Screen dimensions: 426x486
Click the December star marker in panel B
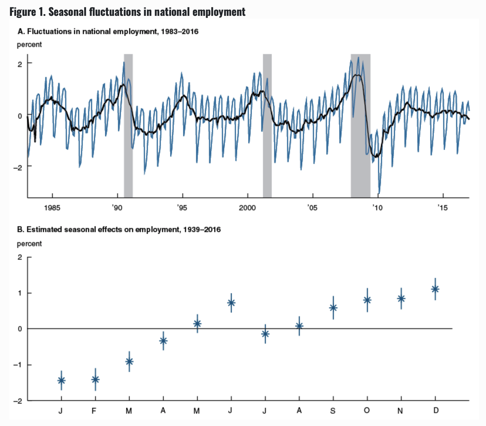(435, 289)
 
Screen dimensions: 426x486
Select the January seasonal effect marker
(61, 380)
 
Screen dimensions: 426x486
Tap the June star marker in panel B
(231, 302)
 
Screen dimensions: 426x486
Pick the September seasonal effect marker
(333, 308)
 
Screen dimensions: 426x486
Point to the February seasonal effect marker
(95, 379)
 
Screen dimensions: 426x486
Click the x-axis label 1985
(52, 208)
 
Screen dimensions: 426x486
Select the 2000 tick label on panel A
(247, 208)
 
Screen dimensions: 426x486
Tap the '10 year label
(377, 208)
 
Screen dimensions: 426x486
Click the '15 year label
(442, 208)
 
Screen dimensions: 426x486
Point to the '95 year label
(182, 208)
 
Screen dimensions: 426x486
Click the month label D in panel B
(436, 410)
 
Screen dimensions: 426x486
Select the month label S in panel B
(333, 410)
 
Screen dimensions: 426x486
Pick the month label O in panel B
(367, 410)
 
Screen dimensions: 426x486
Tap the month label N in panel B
(400, 410)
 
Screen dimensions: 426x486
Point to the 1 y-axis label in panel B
(20, 293)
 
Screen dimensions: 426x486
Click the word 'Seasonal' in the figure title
(67, 12)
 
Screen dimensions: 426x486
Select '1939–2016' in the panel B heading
(202, 229)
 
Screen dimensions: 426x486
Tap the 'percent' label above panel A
(29, 45)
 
